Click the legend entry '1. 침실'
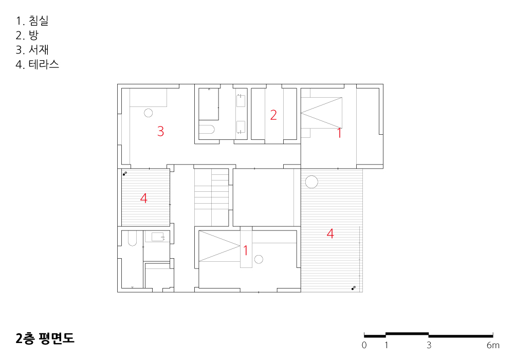point(32,21)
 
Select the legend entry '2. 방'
point(27,35)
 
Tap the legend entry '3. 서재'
point(32,49)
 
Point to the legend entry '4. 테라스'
point(38,64)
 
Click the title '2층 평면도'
point(45,338)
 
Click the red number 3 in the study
point(160,131)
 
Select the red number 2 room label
point(273,115)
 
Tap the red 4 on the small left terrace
point(143,198)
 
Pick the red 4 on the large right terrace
point(330,233)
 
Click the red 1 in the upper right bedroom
point(340,133)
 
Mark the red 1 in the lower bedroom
point(246,250)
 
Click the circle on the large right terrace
point(311,182)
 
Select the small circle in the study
point(148,113)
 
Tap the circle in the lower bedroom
point(259,259)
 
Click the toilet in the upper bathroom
point(207,130)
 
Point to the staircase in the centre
point(211,197)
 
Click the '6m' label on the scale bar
point(493,345)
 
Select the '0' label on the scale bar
point(364,345)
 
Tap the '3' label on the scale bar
point(429,345)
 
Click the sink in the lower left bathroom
point(157,237)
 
